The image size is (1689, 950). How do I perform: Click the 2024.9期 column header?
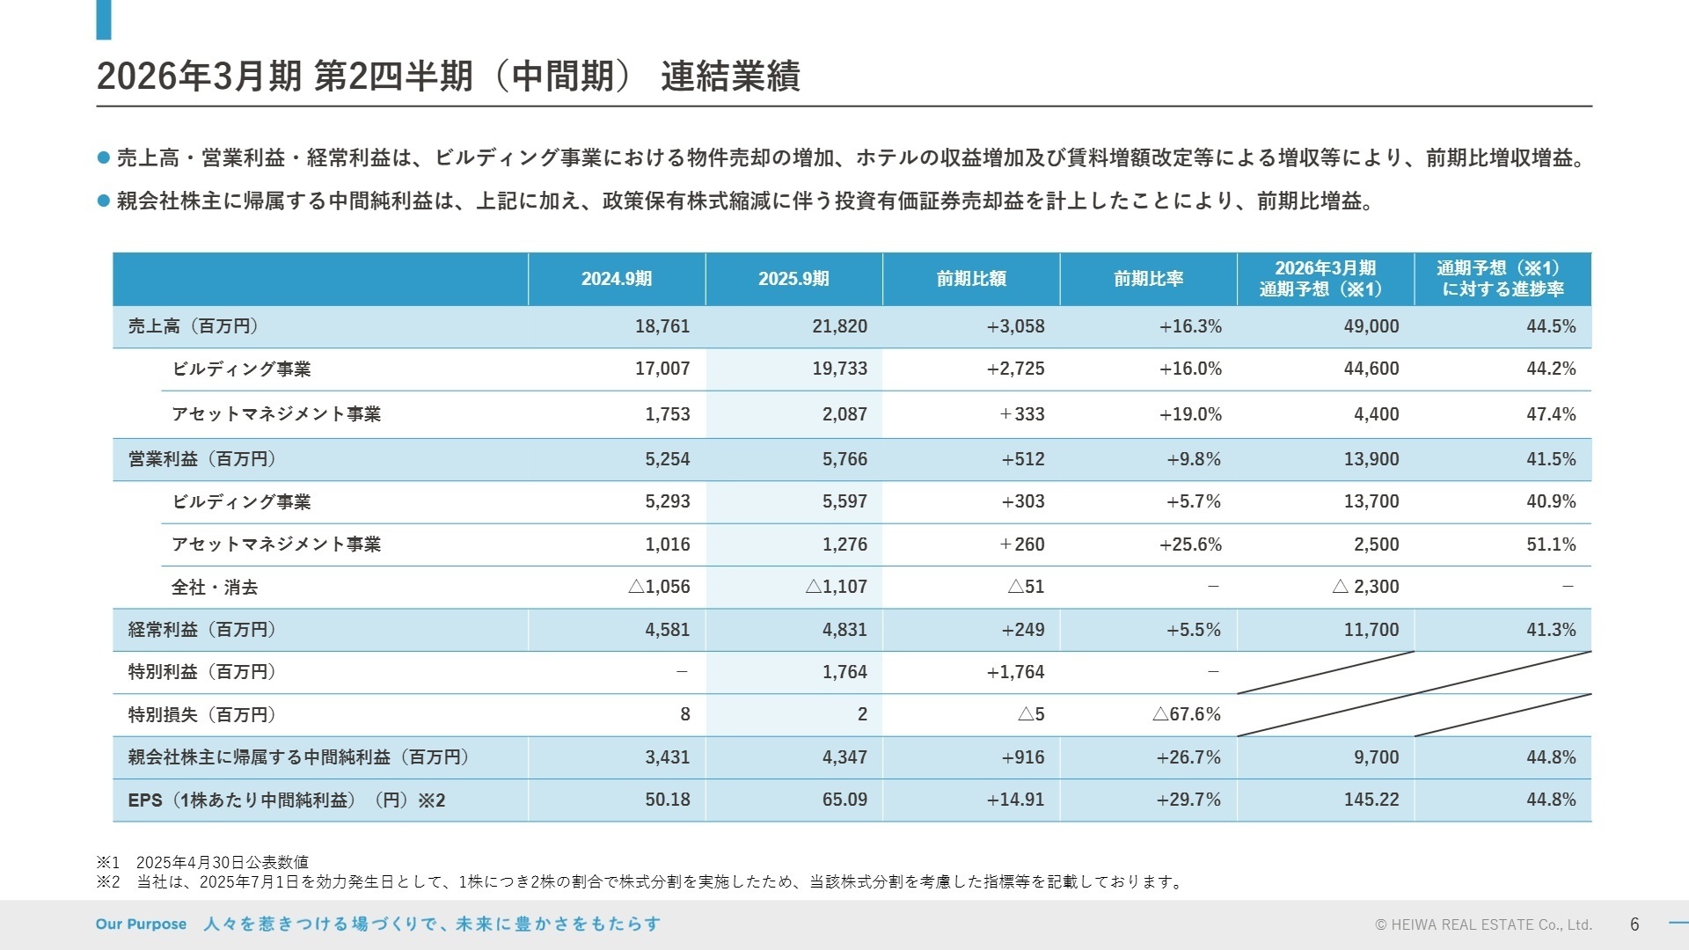(617, 279)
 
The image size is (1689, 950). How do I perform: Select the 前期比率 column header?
(1148, 279)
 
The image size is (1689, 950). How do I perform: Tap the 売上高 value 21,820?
(839, 326)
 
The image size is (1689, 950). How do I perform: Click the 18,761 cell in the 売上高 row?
(662, 326)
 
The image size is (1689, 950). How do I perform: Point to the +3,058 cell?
(1015, 326)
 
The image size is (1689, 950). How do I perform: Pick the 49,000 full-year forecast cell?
(1371, 326)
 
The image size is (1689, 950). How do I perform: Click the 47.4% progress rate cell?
(1551, 414)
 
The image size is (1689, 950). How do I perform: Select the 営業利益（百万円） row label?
(201, 459)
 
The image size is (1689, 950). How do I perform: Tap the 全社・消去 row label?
(215, 588)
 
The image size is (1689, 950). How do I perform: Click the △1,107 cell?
(836, 587)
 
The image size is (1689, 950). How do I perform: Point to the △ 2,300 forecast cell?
(1365, 587)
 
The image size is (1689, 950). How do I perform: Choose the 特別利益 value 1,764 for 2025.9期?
(844, 672)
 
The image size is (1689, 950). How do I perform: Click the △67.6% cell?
(1187, 714)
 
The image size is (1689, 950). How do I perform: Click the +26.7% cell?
(1188, 757)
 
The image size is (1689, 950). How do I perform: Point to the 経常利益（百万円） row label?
(201, 630)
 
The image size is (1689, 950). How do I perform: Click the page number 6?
(1634, 924)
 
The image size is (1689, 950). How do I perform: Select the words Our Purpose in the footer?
(141, 924)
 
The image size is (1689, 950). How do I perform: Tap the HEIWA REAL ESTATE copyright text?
(1483, 925)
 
